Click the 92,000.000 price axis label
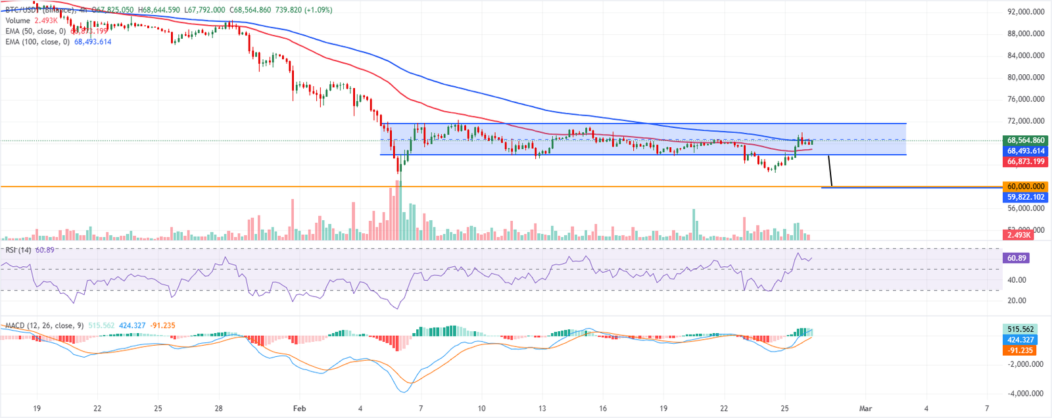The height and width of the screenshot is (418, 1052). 1026,12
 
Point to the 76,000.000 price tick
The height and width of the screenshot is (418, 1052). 1026,99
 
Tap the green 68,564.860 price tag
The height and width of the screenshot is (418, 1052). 1026,141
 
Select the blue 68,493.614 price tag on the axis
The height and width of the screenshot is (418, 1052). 1026,151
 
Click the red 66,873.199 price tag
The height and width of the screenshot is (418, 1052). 1026,162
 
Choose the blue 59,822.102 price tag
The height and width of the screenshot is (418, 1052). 1026,197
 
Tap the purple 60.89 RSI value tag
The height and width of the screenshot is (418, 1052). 1016,258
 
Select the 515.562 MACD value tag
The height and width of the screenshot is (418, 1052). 1020,329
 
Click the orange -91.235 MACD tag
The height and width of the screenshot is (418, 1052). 1020,350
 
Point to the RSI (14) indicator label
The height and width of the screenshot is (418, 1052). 18,250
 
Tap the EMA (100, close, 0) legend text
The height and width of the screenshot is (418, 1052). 37,42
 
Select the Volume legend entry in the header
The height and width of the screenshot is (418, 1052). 18,21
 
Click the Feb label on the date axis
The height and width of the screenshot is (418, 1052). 299,409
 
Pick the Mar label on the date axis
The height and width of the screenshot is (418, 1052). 865,409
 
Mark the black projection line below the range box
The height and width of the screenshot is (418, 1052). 830,172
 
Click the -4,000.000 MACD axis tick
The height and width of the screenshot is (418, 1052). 1026,394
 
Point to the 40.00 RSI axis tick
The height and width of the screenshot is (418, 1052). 1016,280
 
